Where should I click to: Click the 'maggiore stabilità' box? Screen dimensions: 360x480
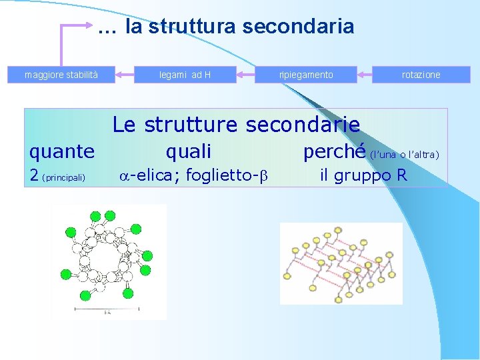[61, 75]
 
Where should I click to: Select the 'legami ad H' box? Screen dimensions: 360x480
[185, 75]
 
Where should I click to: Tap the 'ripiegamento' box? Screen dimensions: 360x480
[306, 75]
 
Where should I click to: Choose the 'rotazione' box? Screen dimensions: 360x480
[421, 75]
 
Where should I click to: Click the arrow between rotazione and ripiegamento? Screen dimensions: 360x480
[365, 74]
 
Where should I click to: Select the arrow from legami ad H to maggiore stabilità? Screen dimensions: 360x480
[125, 74]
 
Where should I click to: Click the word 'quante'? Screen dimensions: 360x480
[62, 152]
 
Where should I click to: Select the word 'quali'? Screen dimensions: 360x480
[188, 152]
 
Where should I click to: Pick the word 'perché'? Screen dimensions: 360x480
[335, 152]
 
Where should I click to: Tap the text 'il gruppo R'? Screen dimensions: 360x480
[363, 176]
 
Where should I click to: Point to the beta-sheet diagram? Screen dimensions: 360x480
[341, 264]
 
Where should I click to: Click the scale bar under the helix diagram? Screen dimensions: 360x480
[107, 309]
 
